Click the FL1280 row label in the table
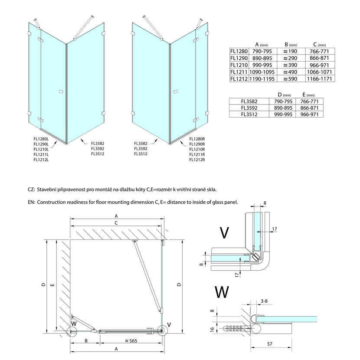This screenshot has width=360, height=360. coord(239,51)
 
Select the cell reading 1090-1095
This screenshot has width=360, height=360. coord(262,72)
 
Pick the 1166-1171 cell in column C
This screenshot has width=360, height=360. coord(320,79)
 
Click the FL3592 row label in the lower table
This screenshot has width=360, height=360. coord(250,108)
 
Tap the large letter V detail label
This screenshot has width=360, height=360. coord(224,233)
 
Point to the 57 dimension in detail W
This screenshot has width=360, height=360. coord(269,344)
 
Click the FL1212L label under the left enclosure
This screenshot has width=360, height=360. coord(41,160)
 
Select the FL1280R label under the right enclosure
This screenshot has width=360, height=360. coord(197,139)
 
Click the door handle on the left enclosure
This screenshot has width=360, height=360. coord(60,92)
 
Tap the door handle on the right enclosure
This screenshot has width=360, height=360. coord(175,92)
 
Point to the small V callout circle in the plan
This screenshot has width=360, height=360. coord(164,331)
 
